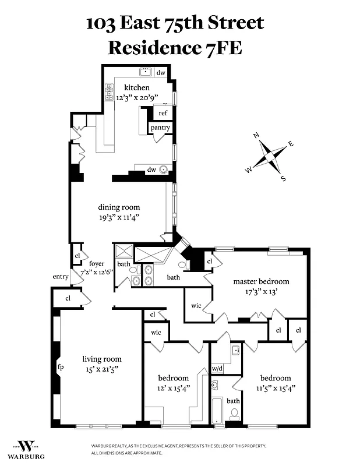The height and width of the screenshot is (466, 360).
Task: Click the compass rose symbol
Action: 269,157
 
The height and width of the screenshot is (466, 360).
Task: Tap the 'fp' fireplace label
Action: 60,368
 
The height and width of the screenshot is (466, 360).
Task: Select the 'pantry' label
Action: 160,128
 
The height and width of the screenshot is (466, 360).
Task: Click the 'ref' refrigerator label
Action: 163,114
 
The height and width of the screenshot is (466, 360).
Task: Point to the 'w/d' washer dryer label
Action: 217,369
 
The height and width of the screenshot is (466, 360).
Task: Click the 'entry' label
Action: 61,277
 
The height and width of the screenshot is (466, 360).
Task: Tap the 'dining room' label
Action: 119,207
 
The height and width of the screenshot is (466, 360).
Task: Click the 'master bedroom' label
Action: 261,281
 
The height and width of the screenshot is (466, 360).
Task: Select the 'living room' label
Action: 102,359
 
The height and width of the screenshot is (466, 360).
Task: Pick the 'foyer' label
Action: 97,264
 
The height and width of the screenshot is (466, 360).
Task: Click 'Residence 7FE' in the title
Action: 175,47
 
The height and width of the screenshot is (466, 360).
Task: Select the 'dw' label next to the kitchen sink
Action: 161,73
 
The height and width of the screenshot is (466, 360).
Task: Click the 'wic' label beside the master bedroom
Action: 196,305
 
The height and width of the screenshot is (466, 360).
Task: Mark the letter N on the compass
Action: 256,136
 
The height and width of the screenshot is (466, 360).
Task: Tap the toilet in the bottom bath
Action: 234,414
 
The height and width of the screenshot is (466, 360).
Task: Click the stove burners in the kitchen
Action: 108,91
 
